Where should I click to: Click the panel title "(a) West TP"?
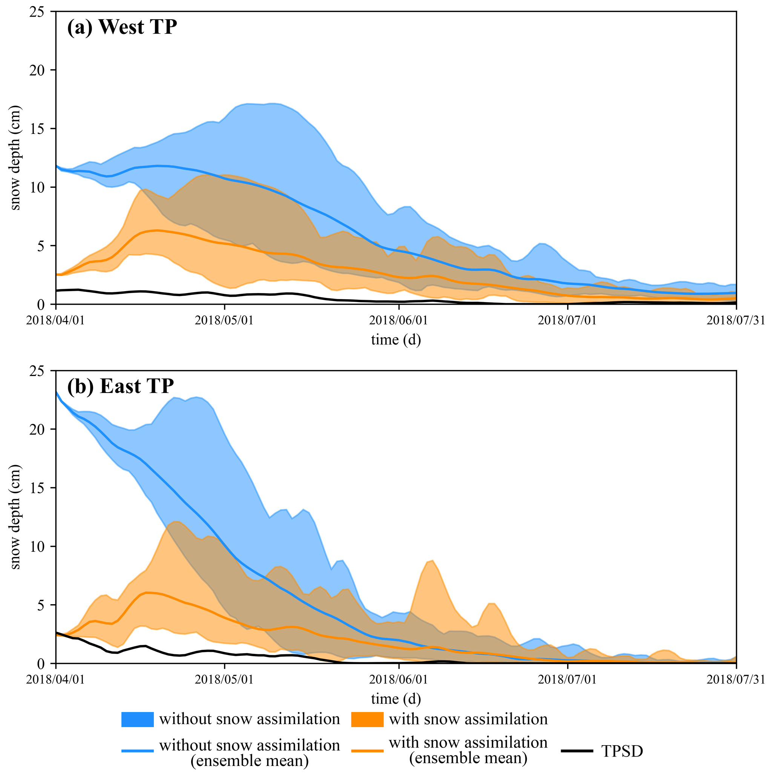122,27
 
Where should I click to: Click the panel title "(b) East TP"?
120,386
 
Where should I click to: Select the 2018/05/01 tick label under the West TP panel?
224,321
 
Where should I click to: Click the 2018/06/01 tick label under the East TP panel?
398,680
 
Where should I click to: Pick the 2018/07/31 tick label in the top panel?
736,321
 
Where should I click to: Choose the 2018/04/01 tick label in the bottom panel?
56,680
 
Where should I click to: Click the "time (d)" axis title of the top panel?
396,340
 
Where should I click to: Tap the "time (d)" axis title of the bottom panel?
396,698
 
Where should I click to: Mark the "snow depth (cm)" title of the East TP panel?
15,517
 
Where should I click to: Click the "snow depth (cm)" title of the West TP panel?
15,158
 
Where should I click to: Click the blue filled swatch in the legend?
137,719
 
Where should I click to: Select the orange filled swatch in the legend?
367,719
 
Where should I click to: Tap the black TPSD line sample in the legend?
577,750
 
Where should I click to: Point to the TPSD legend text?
622,751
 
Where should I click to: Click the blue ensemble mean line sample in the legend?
137,750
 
